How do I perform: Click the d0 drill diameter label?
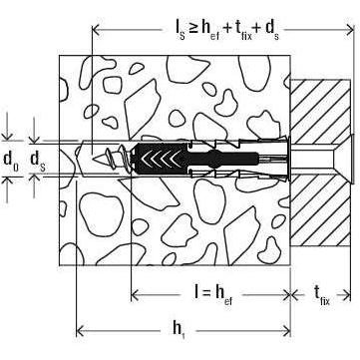[11, 160]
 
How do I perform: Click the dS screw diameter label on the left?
[38, 161]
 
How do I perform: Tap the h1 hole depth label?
[179, 329]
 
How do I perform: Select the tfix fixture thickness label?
[322, 295]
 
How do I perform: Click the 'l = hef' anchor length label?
[213, 294]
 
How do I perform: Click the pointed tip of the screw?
[95, 159]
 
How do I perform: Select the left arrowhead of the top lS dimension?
[96, 30]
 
